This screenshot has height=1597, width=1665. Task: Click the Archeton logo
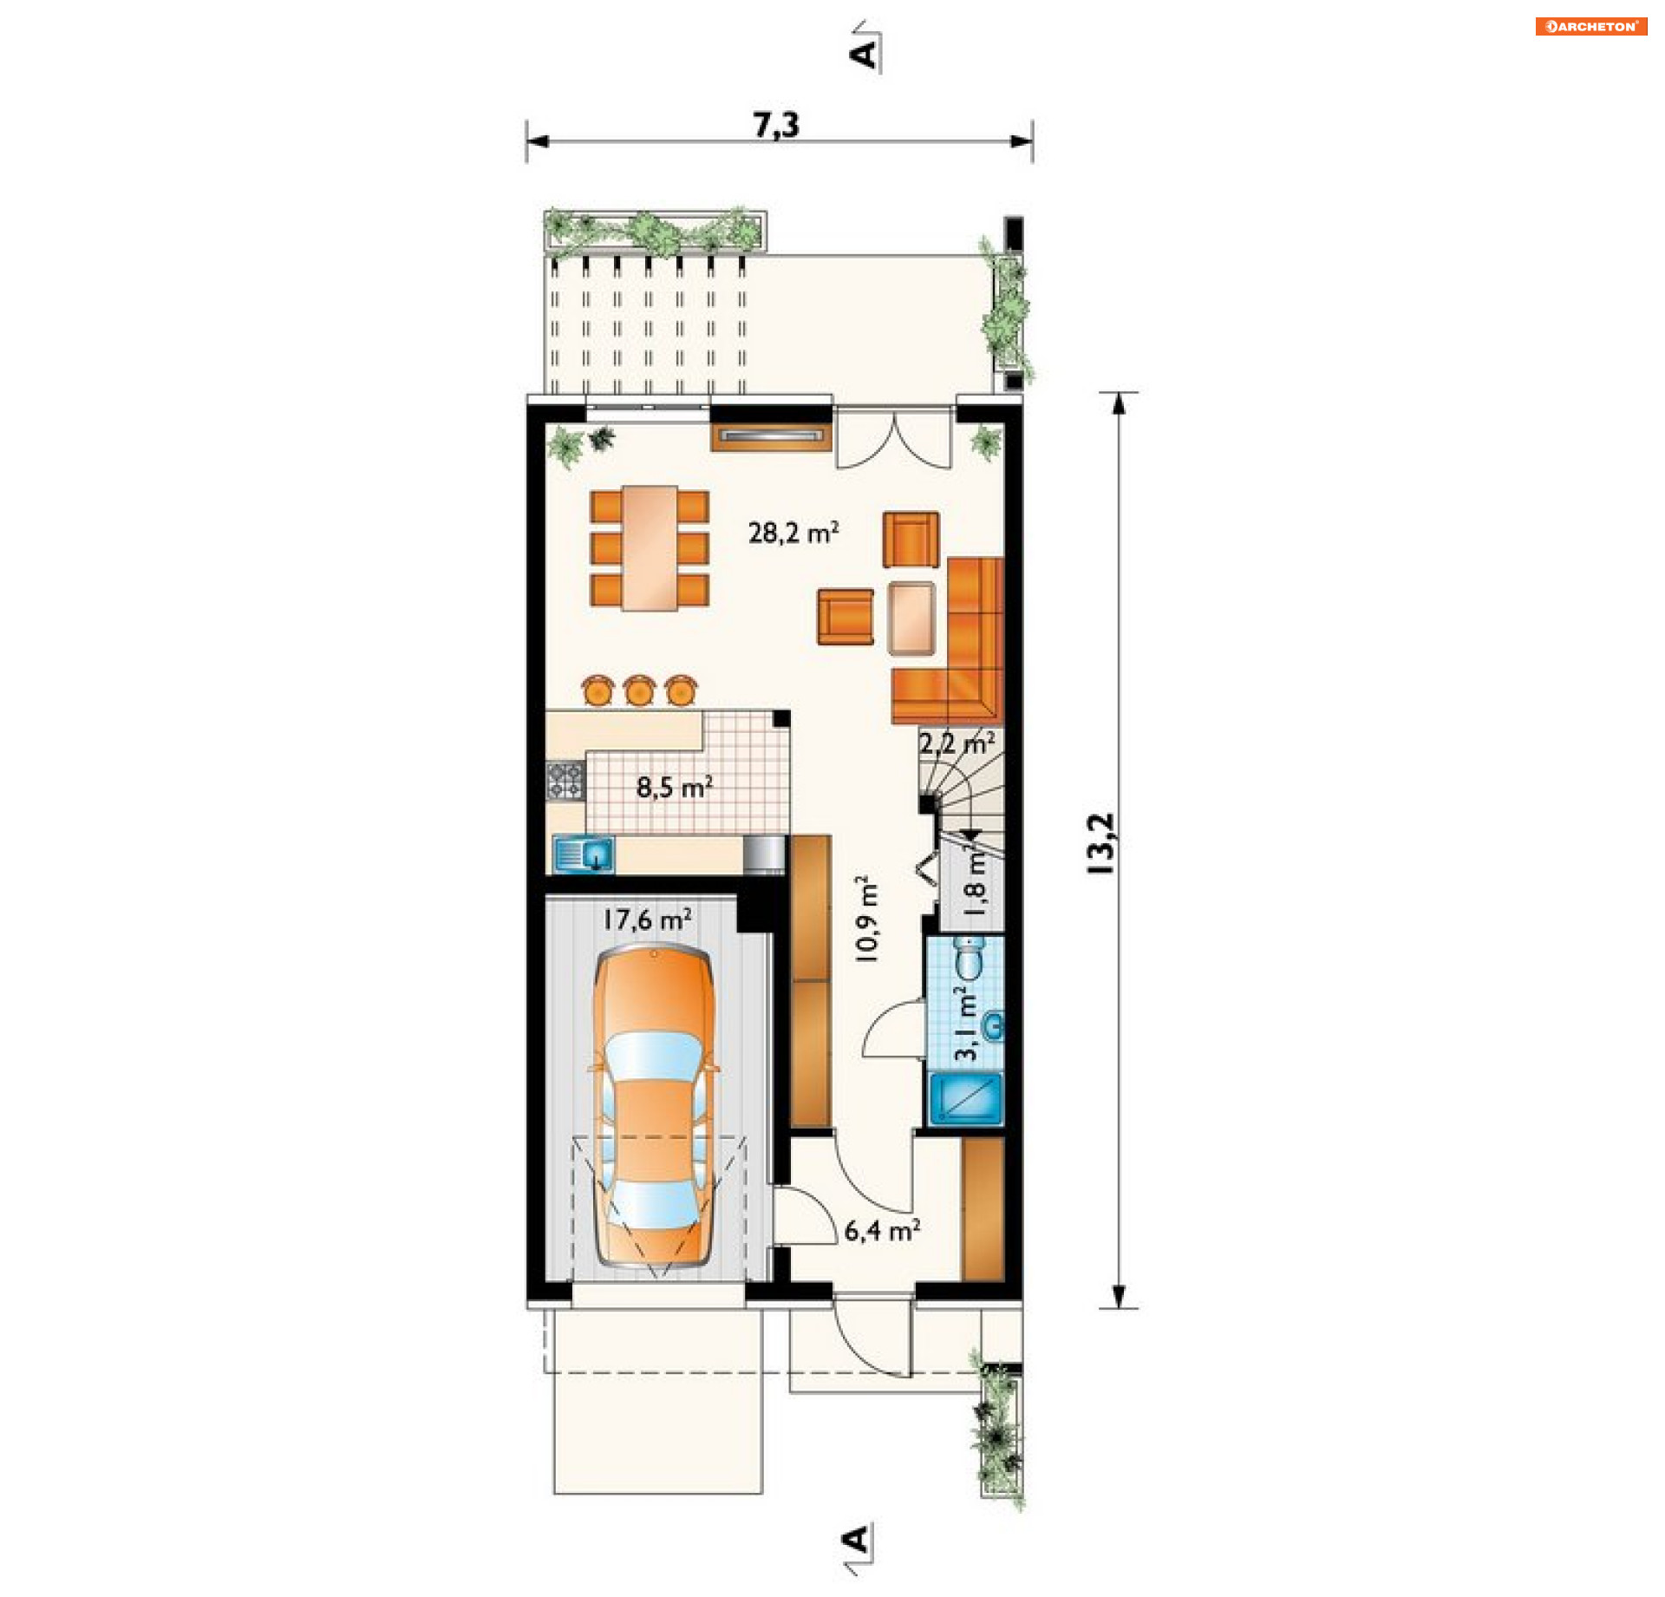[x=1590, y=26]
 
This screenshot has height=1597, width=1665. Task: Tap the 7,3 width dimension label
[x=776, y=125]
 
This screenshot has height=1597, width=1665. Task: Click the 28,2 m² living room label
[x=793, y=532]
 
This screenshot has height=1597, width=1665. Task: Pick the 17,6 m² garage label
[x=647, y=919]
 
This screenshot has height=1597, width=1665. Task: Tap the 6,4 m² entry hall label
[x=882, y=1229]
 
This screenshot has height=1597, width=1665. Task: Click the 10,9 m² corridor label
[x=866, y=918]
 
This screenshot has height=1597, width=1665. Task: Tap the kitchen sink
[x=584, y=854]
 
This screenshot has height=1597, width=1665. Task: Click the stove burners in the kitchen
[x=565, y=780]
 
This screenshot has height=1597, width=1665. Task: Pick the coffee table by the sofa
[x=911, y=618]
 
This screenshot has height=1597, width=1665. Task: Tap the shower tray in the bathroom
[x=965, y=1099]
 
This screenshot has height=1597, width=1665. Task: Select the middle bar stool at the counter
[x=638, y=690]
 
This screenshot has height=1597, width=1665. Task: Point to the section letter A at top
[x=864, y=54]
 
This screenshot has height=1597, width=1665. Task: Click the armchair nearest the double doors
[x=911, y=540]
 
